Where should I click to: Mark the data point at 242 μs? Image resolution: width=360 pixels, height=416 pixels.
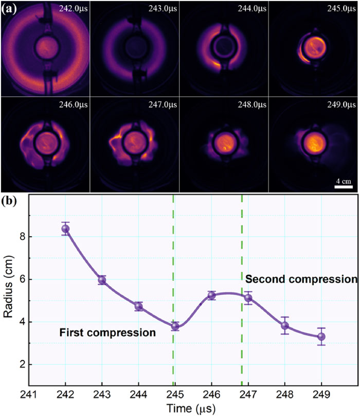click(65, 229)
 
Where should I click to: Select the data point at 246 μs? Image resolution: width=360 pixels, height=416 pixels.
click(211, 296)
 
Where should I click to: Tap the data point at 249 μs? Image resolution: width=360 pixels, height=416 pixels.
click(321, 337)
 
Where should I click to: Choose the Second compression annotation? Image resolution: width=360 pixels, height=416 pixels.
click(301, 280)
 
